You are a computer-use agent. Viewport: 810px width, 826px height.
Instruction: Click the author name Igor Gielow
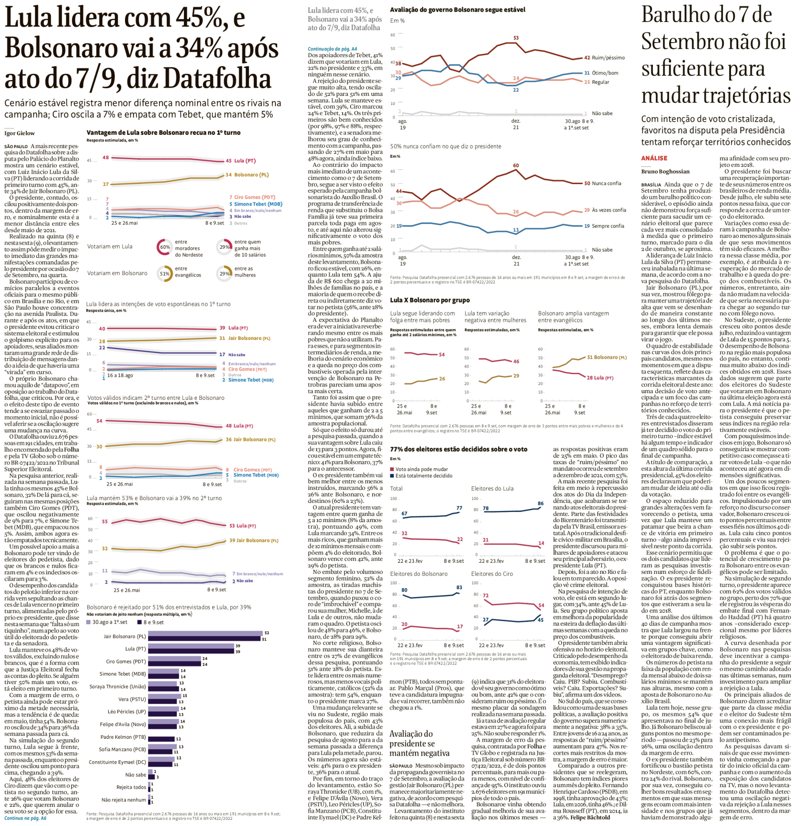click(x=20, y=133)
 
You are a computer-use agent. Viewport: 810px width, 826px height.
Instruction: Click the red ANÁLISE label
click(x=654, y=158)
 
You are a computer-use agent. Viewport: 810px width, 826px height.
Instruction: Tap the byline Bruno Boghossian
click(x=665, y=172)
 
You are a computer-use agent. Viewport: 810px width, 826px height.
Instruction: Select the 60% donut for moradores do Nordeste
click(x=164, y=247)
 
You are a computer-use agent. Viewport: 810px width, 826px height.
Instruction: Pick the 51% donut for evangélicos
click(x=164, y=274)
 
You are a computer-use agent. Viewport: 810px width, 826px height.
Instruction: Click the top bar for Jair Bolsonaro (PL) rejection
click(x=205, y=633)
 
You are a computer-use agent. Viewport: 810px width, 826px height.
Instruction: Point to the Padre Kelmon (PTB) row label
click(x=123, y=737)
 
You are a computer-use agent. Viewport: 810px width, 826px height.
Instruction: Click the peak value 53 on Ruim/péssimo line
click(x=516, y=38)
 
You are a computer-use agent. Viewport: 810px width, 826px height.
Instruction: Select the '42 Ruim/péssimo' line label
click(x=604, y=58)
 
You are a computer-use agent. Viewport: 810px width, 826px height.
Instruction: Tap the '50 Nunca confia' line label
click(x=603, y=184)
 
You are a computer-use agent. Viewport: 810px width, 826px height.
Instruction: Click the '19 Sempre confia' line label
click(x=604, y=226)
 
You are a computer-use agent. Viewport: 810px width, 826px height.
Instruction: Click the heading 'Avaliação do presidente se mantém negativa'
click(x=419, y=743)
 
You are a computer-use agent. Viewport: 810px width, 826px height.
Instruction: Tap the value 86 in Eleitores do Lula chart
click(x=540, y=503)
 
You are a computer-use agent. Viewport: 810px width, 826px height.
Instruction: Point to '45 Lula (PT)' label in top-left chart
click(x=240, y=161)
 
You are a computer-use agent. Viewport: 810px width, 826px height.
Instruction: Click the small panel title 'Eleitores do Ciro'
click(x=492, y=574)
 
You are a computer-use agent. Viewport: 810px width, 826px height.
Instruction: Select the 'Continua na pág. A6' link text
click(x=25, y=818)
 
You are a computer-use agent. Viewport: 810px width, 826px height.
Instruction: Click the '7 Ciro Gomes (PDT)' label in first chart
click(x=252, y=197)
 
